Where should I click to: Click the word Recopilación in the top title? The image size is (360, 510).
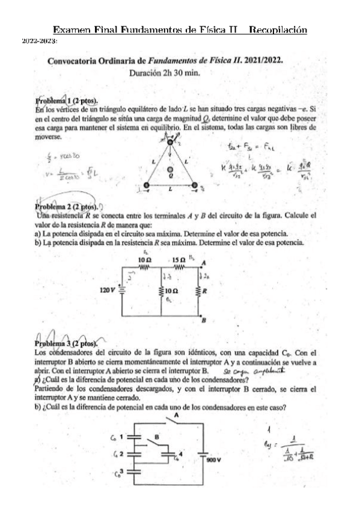(x=278, y=29)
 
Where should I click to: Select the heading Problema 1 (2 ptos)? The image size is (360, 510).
(x=67, y=100)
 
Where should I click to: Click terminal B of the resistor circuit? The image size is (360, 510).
(x=203, y=320)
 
